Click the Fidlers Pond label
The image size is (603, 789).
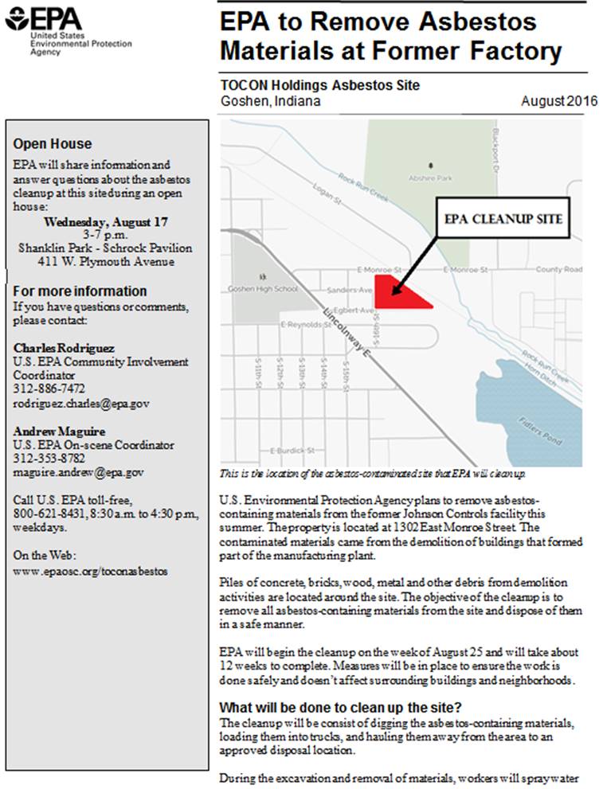538,430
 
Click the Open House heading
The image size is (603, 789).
52,144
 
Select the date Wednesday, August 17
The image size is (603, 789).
105,222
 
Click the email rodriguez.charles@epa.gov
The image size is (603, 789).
81,403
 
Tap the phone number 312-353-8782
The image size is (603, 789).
49,459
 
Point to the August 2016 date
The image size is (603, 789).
559,101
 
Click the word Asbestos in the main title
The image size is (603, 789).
484,22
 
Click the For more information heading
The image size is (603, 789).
80,291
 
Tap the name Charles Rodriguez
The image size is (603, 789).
65,348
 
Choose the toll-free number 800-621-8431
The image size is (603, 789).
49,514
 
